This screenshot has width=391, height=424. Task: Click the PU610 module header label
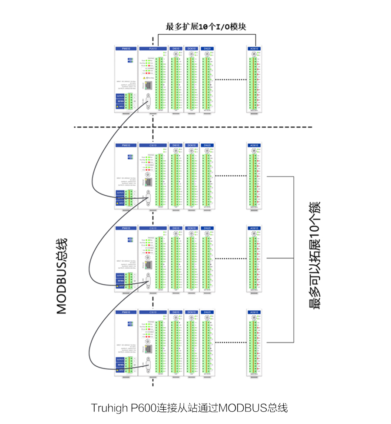tap(152, 49)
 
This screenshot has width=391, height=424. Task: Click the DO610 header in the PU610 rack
tap(191, 49)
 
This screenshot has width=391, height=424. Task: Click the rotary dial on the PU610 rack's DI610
tap(176, 54)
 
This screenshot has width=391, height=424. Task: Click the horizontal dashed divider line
tap(193, 127)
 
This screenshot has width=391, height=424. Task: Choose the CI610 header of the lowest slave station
tap(152, 312)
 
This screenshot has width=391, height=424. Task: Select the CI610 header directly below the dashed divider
tap(152, 145)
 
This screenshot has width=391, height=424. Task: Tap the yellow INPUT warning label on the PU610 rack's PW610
tap(120, 106)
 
